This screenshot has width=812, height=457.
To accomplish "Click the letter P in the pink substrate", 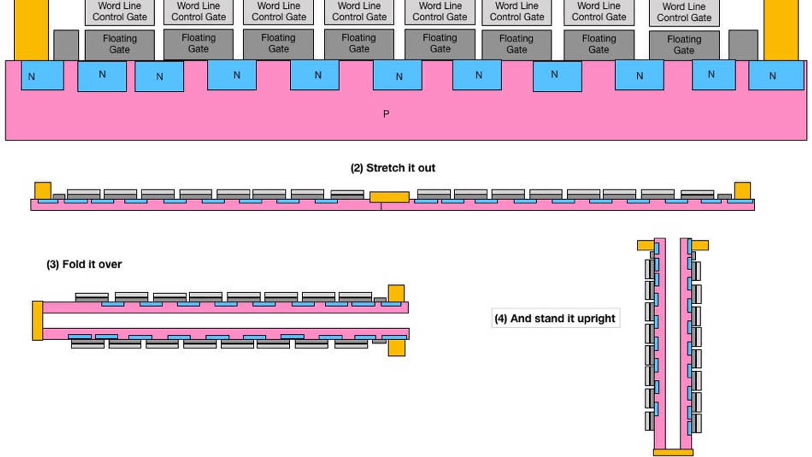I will [x=386, y=114].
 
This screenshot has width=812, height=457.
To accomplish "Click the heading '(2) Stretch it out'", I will [x=393, y=168].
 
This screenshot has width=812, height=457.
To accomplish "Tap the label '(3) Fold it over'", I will [x=84, y=265].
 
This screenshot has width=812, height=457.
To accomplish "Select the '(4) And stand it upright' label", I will [x=555, y=318].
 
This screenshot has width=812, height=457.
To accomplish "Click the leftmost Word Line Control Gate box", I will [x=120, y=12].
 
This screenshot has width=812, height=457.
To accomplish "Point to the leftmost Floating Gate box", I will [x=120, y=44].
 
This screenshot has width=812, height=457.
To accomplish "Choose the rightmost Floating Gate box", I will [x=684, y=45].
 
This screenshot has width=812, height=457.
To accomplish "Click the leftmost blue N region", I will [x=42, y=76].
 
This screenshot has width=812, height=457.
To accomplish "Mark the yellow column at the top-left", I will [x=31, y=29].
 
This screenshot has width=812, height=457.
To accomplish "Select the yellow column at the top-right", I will [x=781, y=29].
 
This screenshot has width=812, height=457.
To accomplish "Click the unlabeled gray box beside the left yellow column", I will [x=66, y=45].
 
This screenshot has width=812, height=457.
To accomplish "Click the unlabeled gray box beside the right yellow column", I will [x=743, y=45].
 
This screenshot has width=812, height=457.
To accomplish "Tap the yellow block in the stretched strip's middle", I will [x=389, y=197].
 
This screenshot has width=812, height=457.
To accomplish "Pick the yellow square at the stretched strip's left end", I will [x=43, y=190].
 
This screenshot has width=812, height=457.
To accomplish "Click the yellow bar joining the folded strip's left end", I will [x=38, y=320].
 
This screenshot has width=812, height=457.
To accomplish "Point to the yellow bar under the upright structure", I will [x=673, y=452].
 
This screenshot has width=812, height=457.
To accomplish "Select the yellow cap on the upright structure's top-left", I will [x=646, y=246].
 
